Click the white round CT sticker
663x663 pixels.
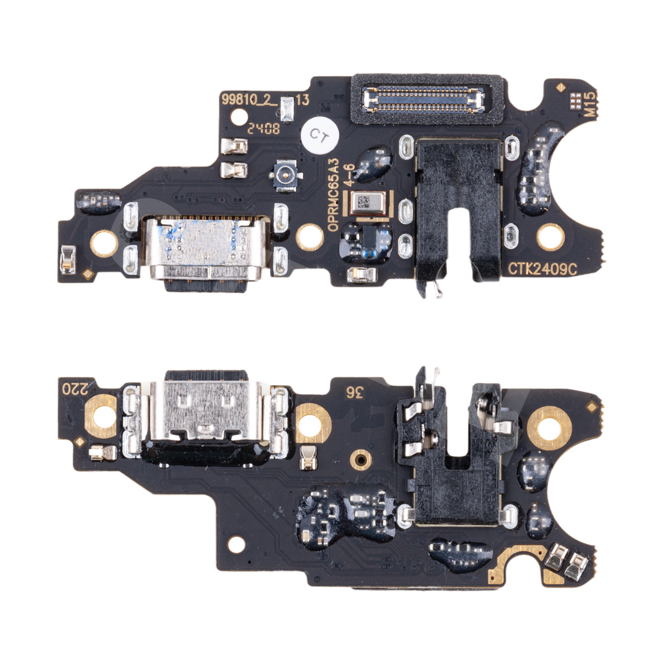[320, 135]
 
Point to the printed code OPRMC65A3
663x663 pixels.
[333, 194]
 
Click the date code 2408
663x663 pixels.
[264, 129]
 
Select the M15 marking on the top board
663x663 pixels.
[590, 104]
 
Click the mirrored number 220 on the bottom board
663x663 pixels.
[75, 389]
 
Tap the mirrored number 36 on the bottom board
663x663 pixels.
[354, 393]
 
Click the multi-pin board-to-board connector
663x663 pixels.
[424, 99]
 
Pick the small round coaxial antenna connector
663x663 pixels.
[286, 176]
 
